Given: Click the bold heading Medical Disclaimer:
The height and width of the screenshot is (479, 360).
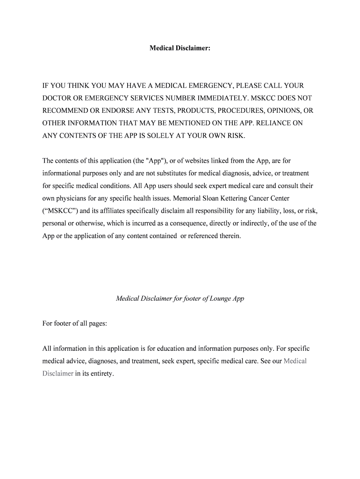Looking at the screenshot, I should coord(180,48).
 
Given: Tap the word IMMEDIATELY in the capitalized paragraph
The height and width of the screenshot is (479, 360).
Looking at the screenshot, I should coord(220,98).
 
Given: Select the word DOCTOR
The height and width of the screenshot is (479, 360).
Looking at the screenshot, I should coord(58,98).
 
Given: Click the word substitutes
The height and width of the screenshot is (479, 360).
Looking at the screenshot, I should coord(168,174).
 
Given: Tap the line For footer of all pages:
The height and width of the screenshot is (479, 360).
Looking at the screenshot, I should coord(75,323).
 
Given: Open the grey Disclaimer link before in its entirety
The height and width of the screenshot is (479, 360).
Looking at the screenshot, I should coord(58,374).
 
